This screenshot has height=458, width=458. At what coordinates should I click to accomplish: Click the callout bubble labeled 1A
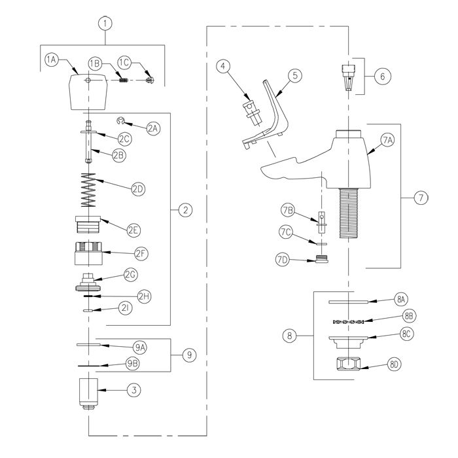pos(52,60)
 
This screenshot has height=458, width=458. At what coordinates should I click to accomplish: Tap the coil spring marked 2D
pos(88,190)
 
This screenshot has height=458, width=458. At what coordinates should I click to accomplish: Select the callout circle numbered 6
pos(382,77)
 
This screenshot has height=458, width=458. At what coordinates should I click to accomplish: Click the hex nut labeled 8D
pos(348,364)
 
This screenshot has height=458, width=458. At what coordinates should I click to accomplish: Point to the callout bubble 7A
pos(387,141)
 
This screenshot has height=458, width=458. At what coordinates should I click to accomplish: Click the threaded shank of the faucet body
pos(348,213)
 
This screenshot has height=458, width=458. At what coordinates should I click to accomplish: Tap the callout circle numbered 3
pos(134,390)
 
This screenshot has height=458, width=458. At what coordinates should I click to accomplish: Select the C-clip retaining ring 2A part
pos(120,120)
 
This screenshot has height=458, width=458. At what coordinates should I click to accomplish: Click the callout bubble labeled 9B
pos(133,364)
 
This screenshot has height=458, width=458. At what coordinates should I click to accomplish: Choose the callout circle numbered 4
pos(223,66)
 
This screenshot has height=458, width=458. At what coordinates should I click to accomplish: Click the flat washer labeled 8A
pos(348,302)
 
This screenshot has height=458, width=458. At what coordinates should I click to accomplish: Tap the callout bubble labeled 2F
pos(141,254)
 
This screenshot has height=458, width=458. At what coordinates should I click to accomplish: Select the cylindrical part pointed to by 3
pos(88,393)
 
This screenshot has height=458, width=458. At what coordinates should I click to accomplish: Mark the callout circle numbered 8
pos(289,335)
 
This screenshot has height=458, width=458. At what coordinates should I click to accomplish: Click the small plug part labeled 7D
pos(322,259)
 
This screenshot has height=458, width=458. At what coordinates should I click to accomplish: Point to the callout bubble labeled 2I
pos(126,308)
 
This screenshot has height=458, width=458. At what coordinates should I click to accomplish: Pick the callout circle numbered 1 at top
pos(105,24)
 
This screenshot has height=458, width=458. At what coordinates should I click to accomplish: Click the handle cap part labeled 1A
pos(88,92)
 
